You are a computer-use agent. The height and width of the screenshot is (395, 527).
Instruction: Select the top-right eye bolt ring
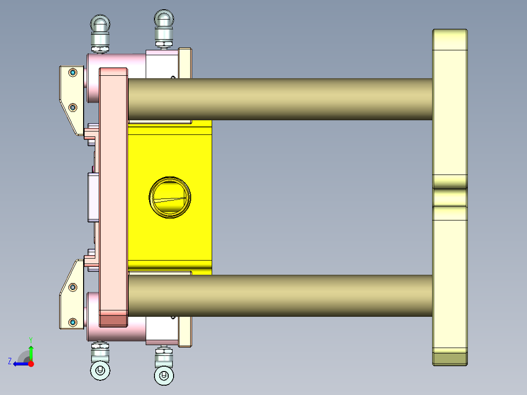tap(164, 19)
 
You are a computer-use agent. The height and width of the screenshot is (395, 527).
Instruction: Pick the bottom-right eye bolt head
tap(163, 375)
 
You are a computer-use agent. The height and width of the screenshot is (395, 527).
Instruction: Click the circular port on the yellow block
tap(170, 197)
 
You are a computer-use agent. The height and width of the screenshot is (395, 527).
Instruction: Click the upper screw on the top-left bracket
tap(73, 73)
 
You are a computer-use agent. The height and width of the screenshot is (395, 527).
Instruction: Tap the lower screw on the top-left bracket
tap(73, 107)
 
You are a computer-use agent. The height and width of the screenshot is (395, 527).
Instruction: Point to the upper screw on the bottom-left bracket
tap(73, 286)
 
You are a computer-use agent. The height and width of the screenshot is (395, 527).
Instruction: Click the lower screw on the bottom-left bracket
tap(73, 322)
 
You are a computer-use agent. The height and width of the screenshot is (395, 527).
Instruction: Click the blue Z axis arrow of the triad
tap(19, 364)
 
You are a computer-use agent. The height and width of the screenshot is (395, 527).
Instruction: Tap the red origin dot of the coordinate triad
tap(31, 364)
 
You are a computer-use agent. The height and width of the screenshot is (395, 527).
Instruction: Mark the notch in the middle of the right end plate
tap(450, 197)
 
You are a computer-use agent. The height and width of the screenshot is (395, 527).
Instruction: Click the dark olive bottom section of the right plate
tap(450, 358)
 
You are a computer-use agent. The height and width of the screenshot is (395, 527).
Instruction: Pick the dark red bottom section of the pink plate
tap(113, 321)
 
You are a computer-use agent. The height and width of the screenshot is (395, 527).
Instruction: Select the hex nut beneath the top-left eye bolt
tap(100, 48)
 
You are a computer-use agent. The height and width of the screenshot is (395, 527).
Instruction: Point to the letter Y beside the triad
tap(31, 339)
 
